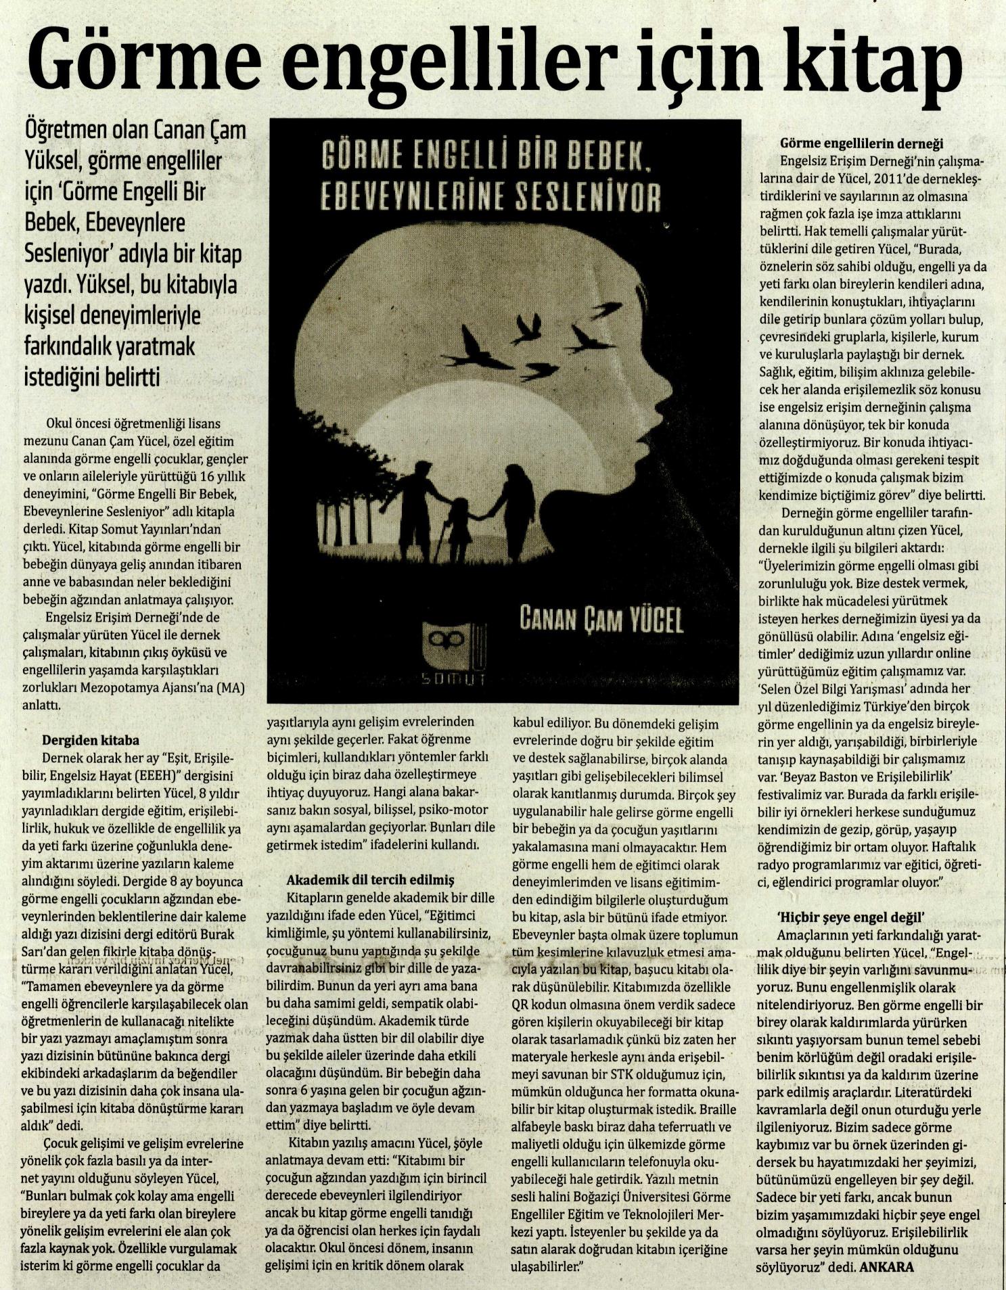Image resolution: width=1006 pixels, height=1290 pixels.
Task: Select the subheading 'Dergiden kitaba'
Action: [91, 740]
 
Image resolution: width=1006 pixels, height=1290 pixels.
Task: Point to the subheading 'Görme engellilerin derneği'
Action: [862, 143]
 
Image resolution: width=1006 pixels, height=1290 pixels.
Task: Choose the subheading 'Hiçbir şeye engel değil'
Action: [850, 918]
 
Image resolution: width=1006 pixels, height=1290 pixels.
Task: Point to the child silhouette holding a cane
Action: [458, 530]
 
